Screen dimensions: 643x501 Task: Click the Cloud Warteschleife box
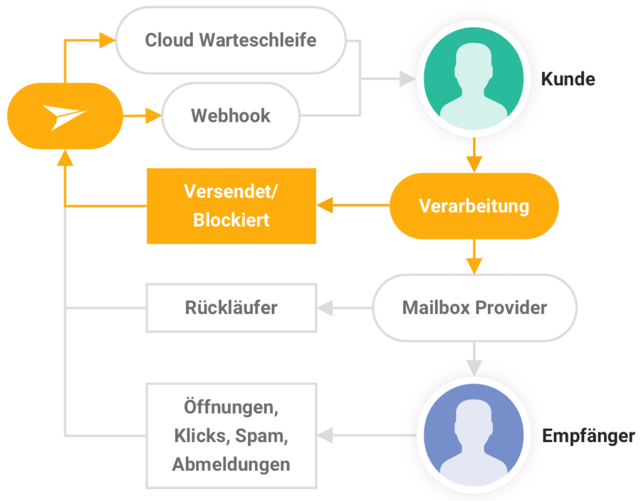click(231, 40)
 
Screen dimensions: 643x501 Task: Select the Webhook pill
click(231, 116)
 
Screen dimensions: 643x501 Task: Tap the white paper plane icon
click(65, 117)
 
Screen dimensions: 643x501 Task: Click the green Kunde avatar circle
click(473, 78)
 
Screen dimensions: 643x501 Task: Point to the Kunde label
click(568, 79)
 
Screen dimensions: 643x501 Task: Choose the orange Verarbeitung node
click(474, 206)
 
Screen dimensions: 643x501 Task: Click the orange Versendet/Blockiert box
click(231, 206)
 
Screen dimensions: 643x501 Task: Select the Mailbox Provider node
click(475, 308)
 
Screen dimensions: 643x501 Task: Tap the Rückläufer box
click(231, 308)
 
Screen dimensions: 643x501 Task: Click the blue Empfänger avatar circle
click(473, 435)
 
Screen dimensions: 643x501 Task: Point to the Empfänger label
click(588, 436)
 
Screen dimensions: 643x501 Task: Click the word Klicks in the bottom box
click(201, 436)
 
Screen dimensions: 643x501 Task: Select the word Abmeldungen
click(231, 465)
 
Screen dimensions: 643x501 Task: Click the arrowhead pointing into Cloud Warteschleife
click(107, 40)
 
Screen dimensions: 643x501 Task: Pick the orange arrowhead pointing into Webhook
click(153, 116)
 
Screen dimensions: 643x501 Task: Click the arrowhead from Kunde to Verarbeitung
click(474, 165)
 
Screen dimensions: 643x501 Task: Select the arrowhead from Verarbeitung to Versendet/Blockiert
click(325, 205)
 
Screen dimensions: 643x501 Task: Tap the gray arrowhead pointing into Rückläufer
click(325, 308)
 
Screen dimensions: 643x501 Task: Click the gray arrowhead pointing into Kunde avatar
click(408, 78)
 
